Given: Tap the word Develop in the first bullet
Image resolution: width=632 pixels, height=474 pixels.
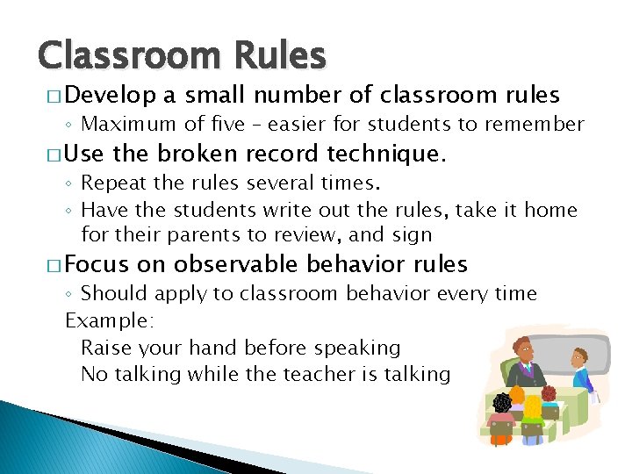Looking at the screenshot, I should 111,95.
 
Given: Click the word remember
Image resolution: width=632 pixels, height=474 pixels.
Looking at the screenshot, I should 535,125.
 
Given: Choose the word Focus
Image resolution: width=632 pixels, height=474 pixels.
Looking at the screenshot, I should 97,264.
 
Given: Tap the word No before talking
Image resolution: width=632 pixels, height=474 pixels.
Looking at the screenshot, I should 93,375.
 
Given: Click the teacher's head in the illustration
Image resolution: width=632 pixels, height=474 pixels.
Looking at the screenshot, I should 526,348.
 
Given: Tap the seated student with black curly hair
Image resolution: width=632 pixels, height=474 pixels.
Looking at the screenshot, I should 501,404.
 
